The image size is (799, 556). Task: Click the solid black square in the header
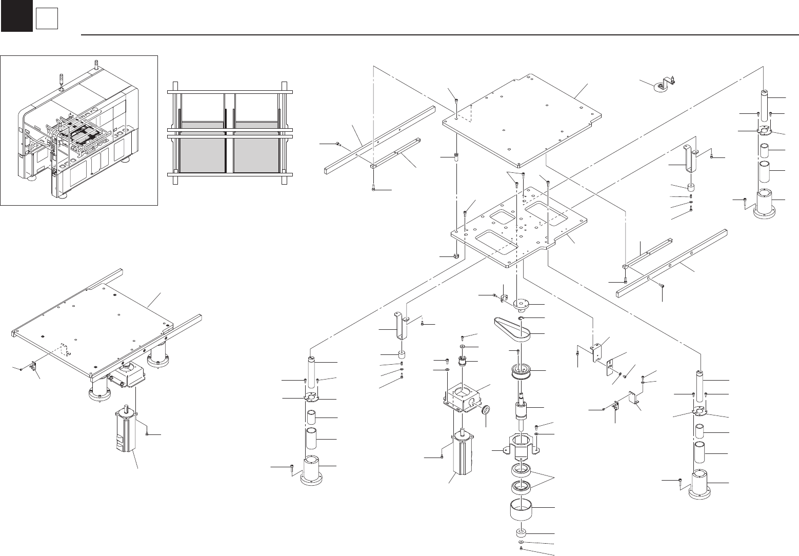[x=16, y=16]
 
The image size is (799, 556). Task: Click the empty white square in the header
[x=46, y=19]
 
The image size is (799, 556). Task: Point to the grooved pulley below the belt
[x=524, y=372]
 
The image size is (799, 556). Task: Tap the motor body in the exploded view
[x=466, y=456]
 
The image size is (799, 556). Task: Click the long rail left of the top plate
[x=379, y=138]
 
